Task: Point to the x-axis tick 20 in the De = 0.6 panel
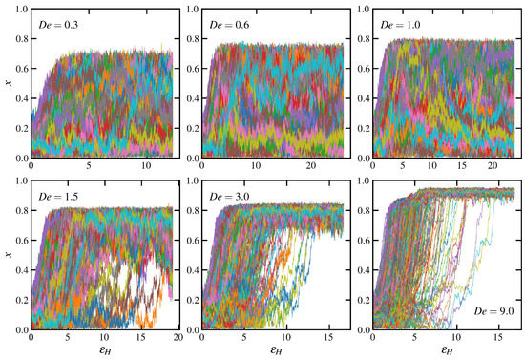[307, 167]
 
